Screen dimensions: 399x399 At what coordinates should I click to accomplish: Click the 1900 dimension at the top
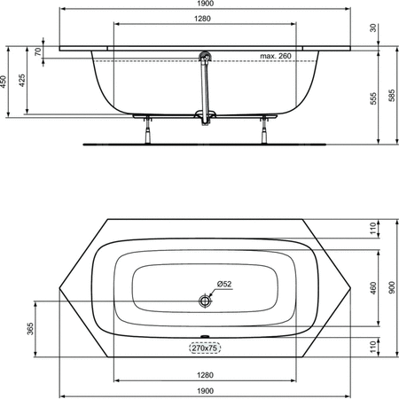pyautogui.click(x=206, y=4)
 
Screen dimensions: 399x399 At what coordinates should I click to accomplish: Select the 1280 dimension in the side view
pyautogui.click(x=202, y=19)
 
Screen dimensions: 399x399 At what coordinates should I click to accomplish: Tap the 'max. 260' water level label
pyautogui.click(x=276, y=56)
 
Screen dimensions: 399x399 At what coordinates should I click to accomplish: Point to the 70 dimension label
pyautogui.click(x=38, y=52)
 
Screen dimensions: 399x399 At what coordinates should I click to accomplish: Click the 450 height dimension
pyautogui.click(x=4, y=82)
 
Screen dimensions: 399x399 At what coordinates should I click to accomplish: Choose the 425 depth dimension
pyautogui.click(x=22, y=81)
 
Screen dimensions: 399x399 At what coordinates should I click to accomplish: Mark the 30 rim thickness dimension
pyautogui.click(x=373, y=28)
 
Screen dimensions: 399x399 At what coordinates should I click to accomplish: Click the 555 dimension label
pyautogui.click(x=373, y=98)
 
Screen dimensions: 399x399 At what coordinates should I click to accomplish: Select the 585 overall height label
pyautogui.click(x=392, y=96)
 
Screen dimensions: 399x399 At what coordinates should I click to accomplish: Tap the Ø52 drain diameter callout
pyautogui.click(x=224, y=284)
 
